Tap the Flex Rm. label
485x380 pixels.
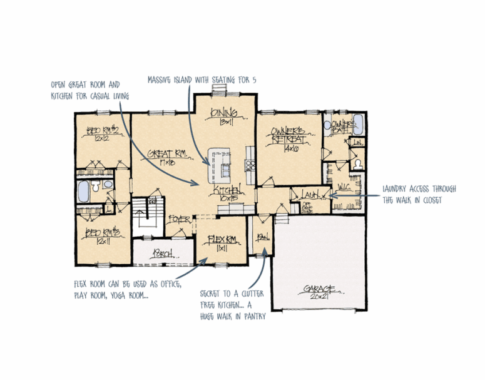coord(221,239)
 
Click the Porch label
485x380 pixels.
coord(162,254)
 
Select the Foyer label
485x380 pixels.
coord(179,219)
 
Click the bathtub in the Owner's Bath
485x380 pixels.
coord(359,122)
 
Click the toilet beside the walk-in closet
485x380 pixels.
coord(357,163)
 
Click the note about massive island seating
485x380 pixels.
coord(202,80)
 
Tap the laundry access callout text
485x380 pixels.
coord(419,193)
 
